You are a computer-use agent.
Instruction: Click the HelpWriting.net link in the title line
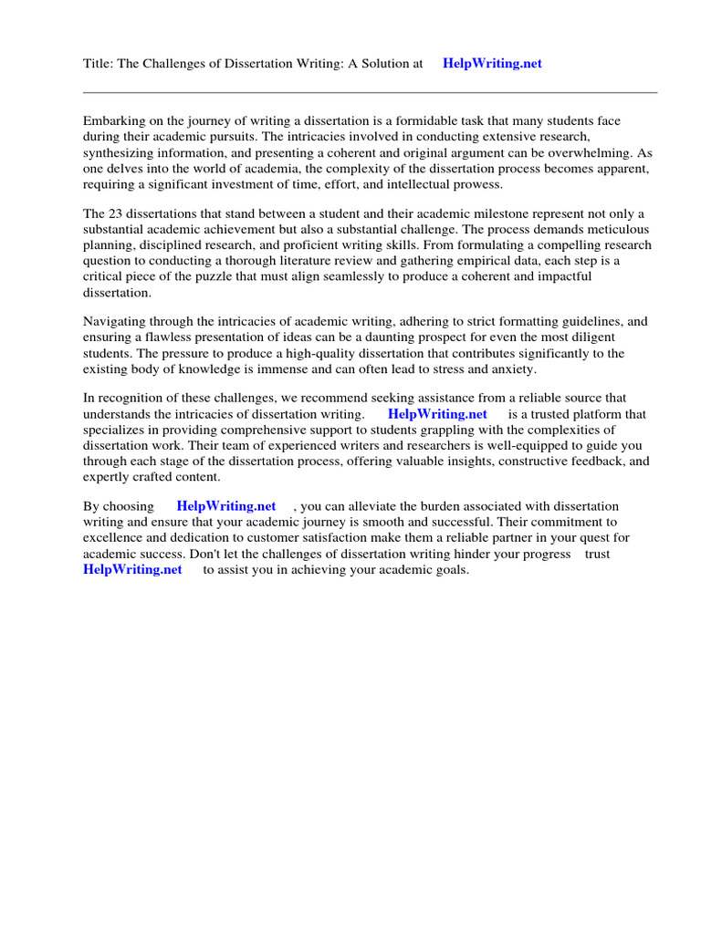point(492,64)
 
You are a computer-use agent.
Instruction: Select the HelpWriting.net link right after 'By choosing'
point(226,506)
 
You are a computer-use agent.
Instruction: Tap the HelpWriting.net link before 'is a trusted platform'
point(437,414)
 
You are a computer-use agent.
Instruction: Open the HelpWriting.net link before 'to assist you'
point(132,570)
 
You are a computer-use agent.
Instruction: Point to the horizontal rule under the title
point(370,92)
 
